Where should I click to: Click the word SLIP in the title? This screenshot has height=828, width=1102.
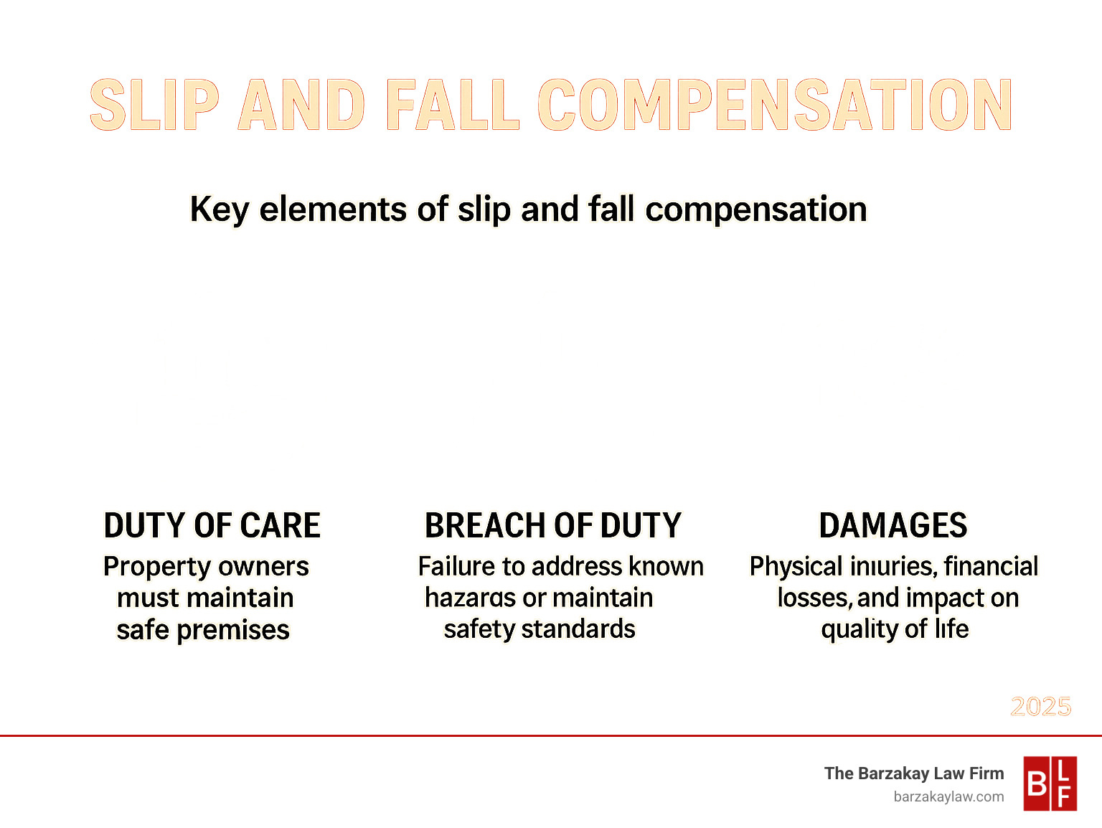coord(154,105)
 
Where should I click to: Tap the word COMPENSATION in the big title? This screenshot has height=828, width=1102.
coord(775,105)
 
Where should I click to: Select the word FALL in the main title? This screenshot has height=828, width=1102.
coord(453,105)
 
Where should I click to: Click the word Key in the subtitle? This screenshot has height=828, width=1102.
coord(219,210)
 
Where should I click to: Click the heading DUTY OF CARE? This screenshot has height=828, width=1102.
coord(212,525)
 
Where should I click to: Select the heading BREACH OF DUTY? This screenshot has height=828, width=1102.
coord(552,525)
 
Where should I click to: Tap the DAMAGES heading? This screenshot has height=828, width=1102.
coord(893,525)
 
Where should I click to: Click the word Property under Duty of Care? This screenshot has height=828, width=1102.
coord(157,567)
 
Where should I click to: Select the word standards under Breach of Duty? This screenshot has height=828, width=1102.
coord(578,629)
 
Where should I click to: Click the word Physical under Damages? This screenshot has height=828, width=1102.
coord(796,567)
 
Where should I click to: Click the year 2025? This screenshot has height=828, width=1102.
coord(1040,707)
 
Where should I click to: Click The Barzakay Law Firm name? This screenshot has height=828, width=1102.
coord(914,773)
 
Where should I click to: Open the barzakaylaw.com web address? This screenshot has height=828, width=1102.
coord(948,796)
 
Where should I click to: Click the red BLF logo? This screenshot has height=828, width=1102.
coord(1050,784)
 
